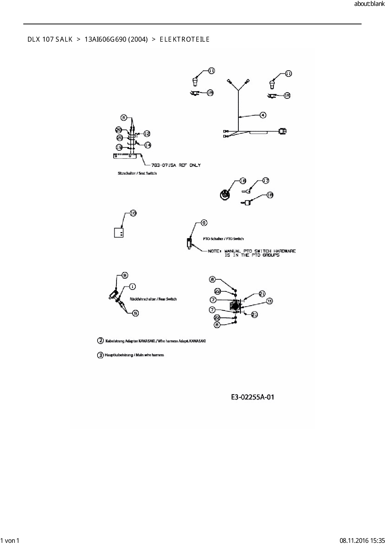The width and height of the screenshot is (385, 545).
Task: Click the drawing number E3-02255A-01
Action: [x=252, y=397]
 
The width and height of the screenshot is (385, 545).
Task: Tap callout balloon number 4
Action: [x=263, y=115]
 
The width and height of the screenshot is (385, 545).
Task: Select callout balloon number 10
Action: [x=133, y=213]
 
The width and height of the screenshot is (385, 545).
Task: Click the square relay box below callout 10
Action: [x=119, y=232]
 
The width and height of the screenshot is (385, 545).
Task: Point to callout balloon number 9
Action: [x=204, y=223]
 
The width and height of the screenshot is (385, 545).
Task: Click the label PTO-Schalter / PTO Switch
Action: [x=223, y=239]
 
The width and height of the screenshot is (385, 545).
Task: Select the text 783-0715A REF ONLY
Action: [x=176, y=165]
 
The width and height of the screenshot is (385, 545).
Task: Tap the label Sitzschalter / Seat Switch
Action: [x=137, y=173]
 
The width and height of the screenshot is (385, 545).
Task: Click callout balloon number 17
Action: [x=266, y=181]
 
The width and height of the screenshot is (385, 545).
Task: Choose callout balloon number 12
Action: [x=147, y=134]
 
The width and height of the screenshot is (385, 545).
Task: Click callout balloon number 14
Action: [x=148, y=145]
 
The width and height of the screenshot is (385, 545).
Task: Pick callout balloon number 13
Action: [x=269, y=301]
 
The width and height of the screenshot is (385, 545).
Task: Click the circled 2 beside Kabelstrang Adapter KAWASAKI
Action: [x=100, y=341]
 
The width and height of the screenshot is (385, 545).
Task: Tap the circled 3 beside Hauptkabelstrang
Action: [x=100, y=355]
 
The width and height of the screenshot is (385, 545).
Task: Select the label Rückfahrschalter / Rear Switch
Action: [x=153, y=299]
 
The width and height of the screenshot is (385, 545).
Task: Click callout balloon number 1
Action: [x=132, y=286]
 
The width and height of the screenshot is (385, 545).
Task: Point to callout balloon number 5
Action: [x=135, y=313]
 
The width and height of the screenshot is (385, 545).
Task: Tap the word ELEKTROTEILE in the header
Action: [x=185, y=39]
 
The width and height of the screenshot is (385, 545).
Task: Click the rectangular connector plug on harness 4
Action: [x=283, y=131]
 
